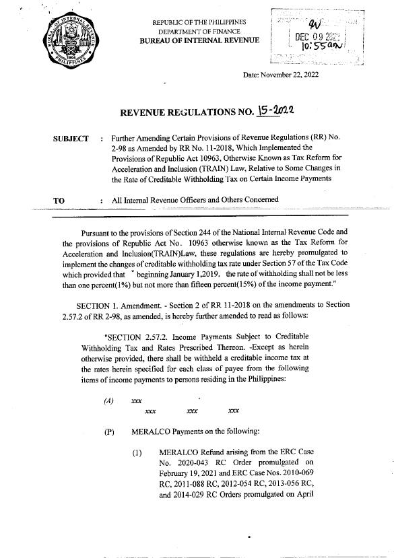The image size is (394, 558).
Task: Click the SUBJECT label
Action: [71, 138]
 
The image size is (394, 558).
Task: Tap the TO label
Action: [58, 200]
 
